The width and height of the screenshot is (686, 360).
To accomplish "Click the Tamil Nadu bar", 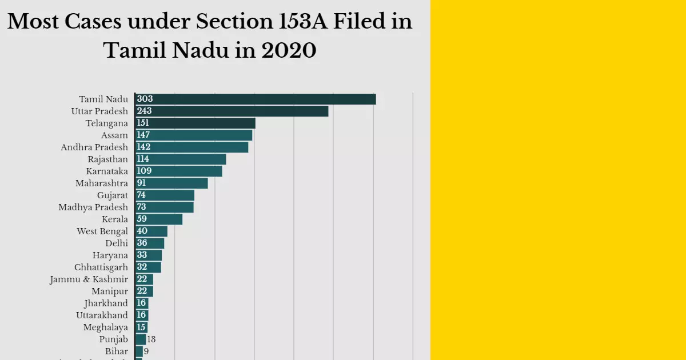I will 256,99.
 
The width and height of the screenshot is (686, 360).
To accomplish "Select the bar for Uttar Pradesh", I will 232,111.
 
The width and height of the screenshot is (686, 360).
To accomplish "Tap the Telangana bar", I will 195,123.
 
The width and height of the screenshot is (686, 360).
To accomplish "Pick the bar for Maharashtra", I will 171,183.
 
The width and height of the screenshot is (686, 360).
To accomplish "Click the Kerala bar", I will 159,219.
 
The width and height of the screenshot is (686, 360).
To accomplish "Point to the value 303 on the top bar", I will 145,99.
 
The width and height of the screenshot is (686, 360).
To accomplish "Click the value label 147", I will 143,135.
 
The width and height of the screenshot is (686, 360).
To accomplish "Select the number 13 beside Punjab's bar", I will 151,339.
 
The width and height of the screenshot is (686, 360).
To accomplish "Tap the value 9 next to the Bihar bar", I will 146,351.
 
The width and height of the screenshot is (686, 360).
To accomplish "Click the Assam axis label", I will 114,135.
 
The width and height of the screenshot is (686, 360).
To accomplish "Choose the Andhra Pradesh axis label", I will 94,147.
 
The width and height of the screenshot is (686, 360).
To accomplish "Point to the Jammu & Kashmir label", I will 89,279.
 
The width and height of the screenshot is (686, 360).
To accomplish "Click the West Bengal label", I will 102,231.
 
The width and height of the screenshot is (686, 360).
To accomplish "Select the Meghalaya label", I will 105,327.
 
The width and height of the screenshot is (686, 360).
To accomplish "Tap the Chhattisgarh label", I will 101,267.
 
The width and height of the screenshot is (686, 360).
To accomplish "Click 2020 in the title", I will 288,51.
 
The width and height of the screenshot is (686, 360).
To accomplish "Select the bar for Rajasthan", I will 181,159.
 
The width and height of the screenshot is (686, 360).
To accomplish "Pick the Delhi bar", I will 150,243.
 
